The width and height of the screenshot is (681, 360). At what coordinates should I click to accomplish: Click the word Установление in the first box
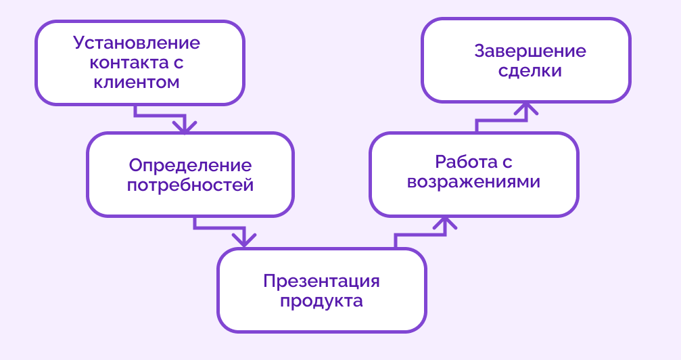click(137, 43)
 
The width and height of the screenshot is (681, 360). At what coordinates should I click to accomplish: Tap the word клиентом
click(137, 83)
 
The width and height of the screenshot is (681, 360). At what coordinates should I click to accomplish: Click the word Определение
click(190, 166)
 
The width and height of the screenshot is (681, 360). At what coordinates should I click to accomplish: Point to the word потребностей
click(190, 185)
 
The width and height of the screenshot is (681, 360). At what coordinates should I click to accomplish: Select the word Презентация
click(321, 281)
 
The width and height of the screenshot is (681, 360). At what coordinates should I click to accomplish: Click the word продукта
click(321, 301)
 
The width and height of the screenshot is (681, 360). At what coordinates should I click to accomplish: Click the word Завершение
click(530, 51)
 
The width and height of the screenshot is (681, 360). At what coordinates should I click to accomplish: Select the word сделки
click(530, 71)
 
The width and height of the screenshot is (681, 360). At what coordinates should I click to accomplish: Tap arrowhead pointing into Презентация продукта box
click(244, 240)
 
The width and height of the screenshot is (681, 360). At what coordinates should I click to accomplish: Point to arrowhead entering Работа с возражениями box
click(445, 224)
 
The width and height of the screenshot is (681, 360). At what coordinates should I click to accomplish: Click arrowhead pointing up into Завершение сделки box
click(527, 110)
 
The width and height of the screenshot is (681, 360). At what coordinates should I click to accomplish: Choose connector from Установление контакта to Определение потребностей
click(159, 115)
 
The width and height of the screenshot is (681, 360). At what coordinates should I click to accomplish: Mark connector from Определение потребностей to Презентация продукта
click(218, 229)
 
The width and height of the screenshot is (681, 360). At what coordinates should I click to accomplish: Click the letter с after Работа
click(507, 163)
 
